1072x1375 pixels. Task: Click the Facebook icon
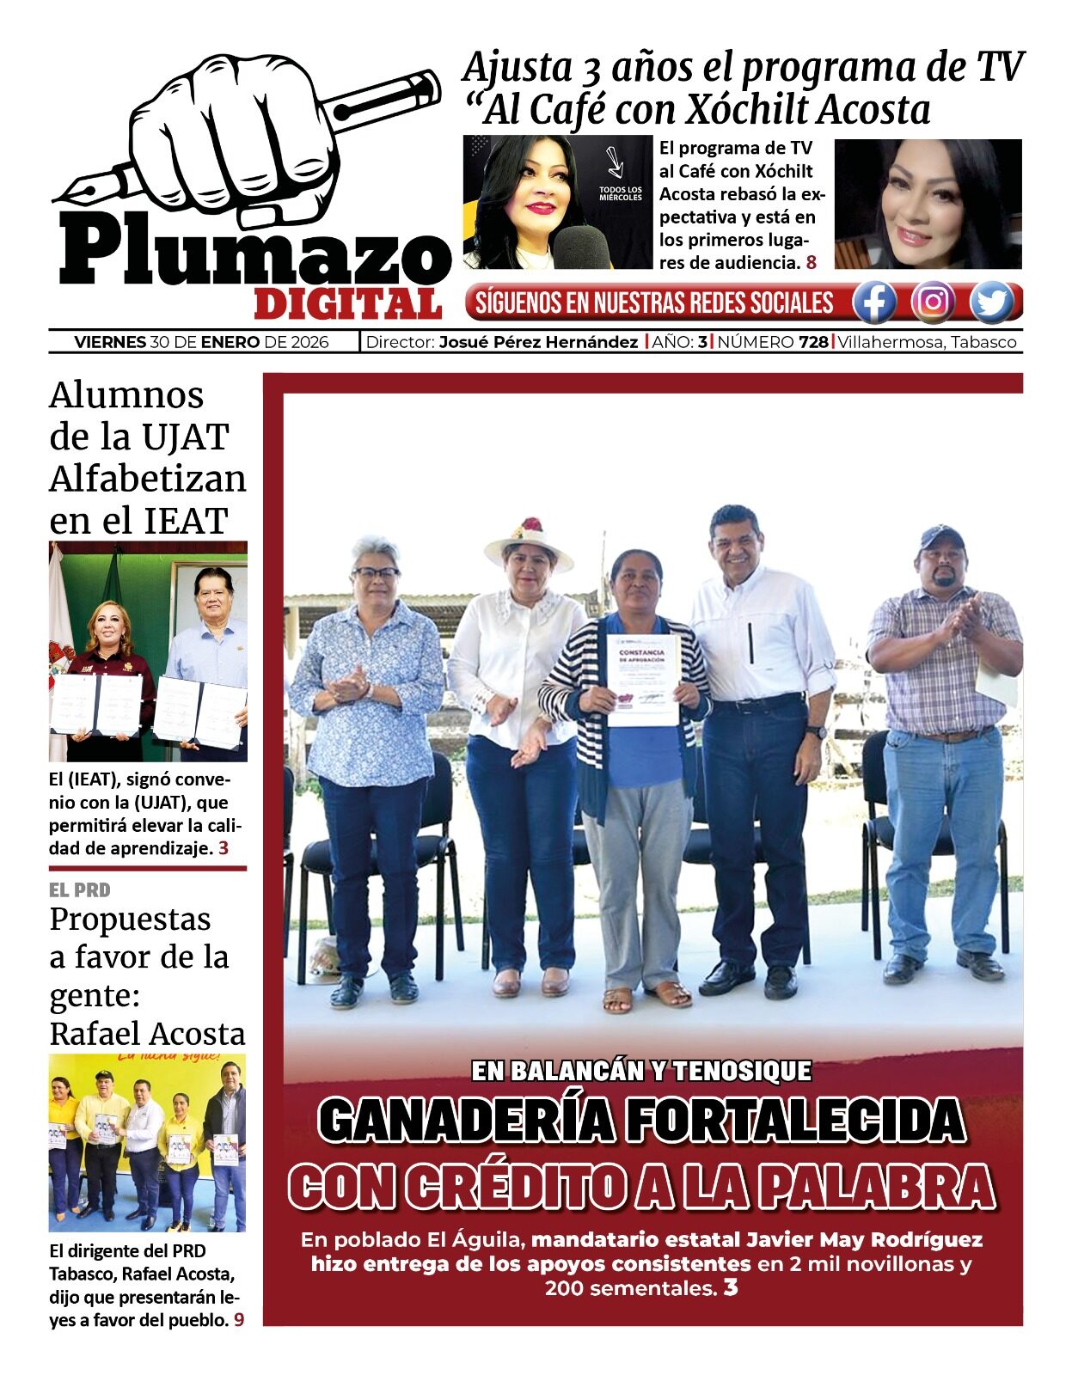874,302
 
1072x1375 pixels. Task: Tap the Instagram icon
933,302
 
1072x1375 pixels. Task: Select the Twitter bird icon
992,302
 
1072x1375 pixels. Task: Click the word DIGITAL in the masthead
347,303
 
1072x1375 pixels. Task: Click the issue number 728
813,342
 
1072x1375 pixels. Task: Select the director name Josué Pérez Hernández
538,342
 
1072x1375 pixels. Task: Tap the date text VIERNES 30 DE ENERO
167,342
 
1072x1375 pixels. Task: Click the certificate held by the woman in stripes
643,680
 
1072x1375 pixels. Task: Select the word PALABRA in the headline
877,1187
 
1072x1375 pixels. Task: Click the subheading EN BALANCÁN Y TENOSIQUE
641,1071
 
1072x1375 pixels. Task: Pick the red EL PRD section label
80,890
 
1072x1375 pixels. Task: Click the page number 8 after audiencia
812,263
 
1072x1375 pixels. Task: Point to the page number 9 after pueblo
239,1319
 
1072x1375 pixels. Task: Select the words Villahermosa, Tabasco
927,342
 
